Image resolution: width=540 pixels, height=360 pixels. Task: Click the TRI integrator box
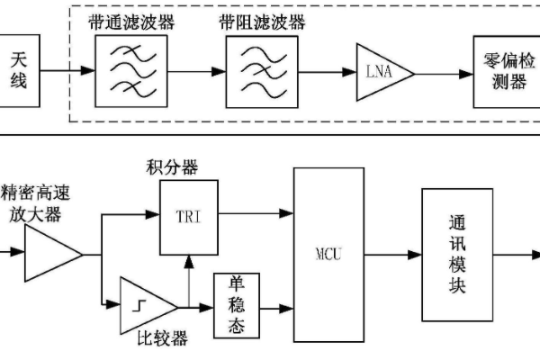click(188, 216)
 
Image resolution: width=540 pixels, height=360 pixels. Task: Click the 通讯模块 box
click(455, 254)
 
